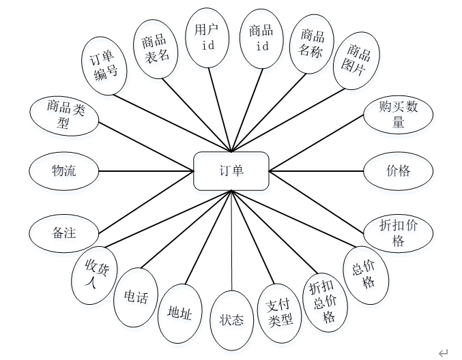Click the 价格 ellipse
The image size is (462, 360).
[398, 170]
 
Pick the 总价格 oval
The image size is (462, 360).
[365, 275]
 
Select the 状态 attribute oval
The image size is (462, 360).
[232, 319]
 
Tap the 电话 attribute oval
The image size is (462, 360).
[136, 297]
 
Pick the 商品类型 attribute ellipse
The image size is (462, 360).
[65, 114]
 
